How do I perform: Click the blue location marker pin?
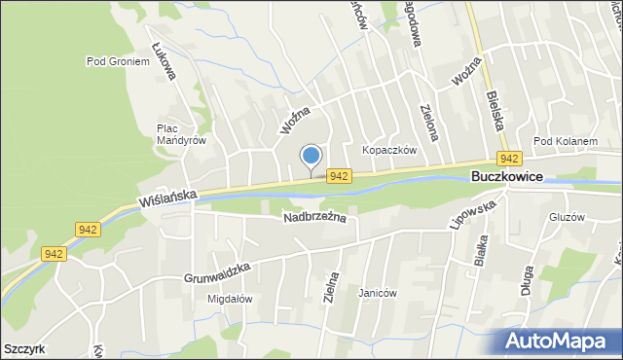[311, 157]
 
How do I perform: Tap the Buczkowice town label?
[505, 178]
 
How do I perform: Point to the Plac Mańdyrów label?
[181, 134]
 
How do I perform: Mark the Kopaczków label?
[389, 150]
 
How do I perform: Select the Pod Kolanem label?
[565, 141]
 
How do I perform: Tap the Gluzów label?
[566, 217]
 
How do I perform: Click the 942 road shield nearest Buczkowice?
[507, 158]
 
